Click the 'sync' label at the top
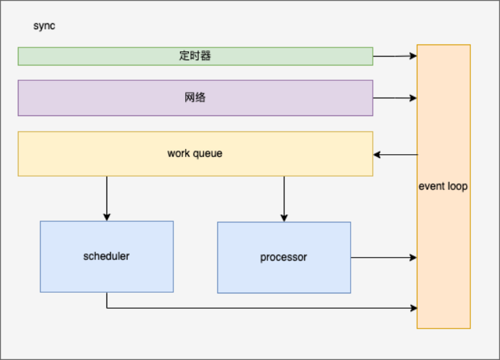(x=45, y=26)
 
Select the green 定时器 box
(x=89, y=56)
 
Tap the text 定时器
(x=195, y=56)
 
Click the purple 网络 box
(x=89, y=98)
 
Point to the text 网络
(x=195, y=98)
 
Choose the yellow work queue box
(x=89, y=154)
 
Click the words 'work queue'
(x=195, y=154)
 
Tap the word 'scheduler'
(x=107, y=256)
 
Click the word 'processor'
(x=284, y=258)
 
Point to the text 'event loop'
(x=443, y=186)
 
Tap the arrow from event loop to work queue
(x=395, y=155)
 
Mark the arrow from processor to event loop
(x=383, y=258)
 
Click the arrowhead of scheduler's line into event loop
(x=413, y=308)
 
